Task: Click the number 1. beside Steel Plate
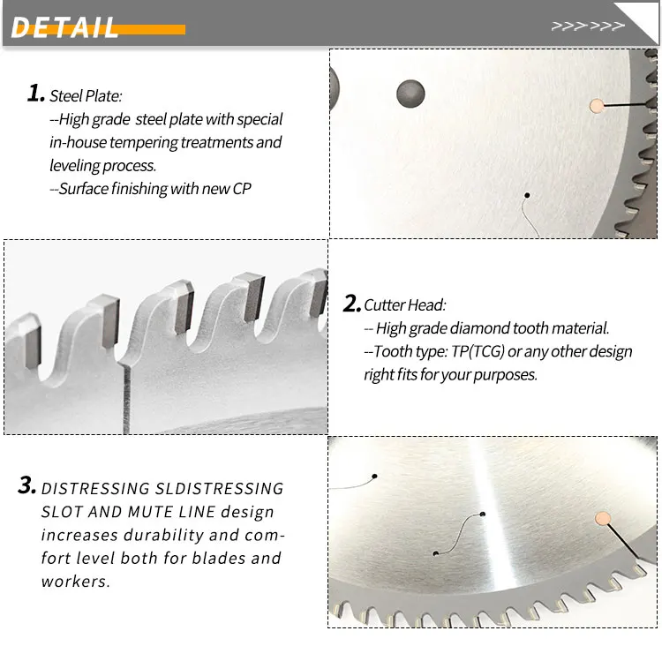(x=35, y=94)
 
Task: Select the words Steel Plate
(x=86, y=95)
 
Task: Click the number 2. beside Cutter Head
(x=351, y=304)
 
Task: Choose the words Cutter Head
(x=405, y=305)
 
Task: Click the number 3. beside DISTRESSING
(x=27, y=486)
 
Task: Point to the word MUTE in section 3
(x=157, y=512)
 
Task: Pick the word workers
(x=75, y=582)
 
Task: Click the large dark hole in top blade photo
(x=410, y=92)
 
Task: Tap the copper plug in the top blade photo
(x=598, y=105)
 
